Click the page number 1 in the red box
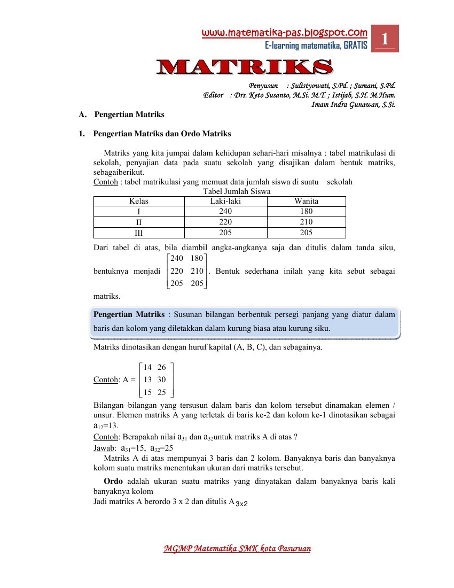click(x=385, y=39)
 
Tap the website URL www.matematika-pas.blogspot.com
click(x=284, y=33)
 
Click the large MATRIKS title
click(x=244, y=67)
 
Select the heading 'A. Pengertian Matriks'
click(x=121, y=114)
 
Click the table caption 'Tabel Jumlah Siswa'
click(x=237, y=191)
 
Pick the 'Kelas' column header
click(x=139, y=201)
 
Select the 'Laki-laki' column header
click(x=226, y=201)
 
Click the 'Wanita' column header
click(x=306, y=201)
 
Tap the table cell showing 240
click(x=226, y=211)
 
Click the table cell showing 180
click(x=306, y=211)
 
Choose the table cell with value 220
click(x=226, y=222)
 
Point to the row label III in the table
click(x=139, y=233)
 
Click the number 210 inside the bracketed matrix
click(x=197, y=271)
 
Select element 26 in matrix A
click(x=162, y=367)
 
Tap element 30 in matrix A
click(x=162, y=380)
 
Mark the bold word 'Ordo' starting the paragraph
click(x=113, y=481)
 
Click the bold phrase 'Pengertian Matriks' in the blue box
click(x=129, y=314)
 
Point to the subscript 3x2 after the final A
click(x=242, y=504)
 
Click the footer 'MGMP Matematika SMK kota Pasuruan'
click(x=237, y=548)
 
